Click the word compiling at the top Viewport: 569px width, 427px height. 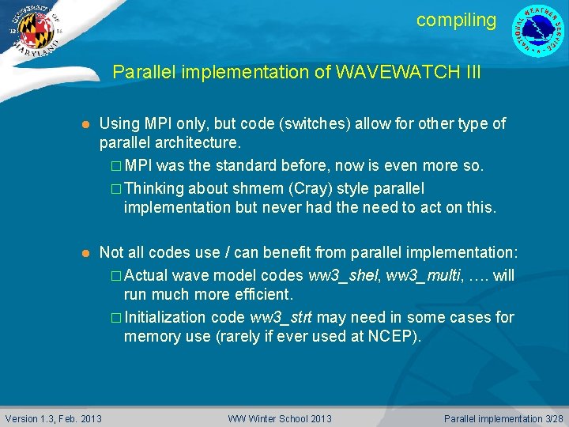pos(456,21)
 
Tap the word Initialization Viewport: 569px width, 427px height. pos(166,317)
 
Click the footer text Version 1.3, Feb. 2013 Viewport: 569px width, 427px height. pos(54,418)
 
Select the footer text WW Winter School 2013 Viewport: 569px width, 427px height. pos(280,418)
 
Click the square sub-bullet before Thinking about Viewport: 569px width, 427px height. pos(115,189)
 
